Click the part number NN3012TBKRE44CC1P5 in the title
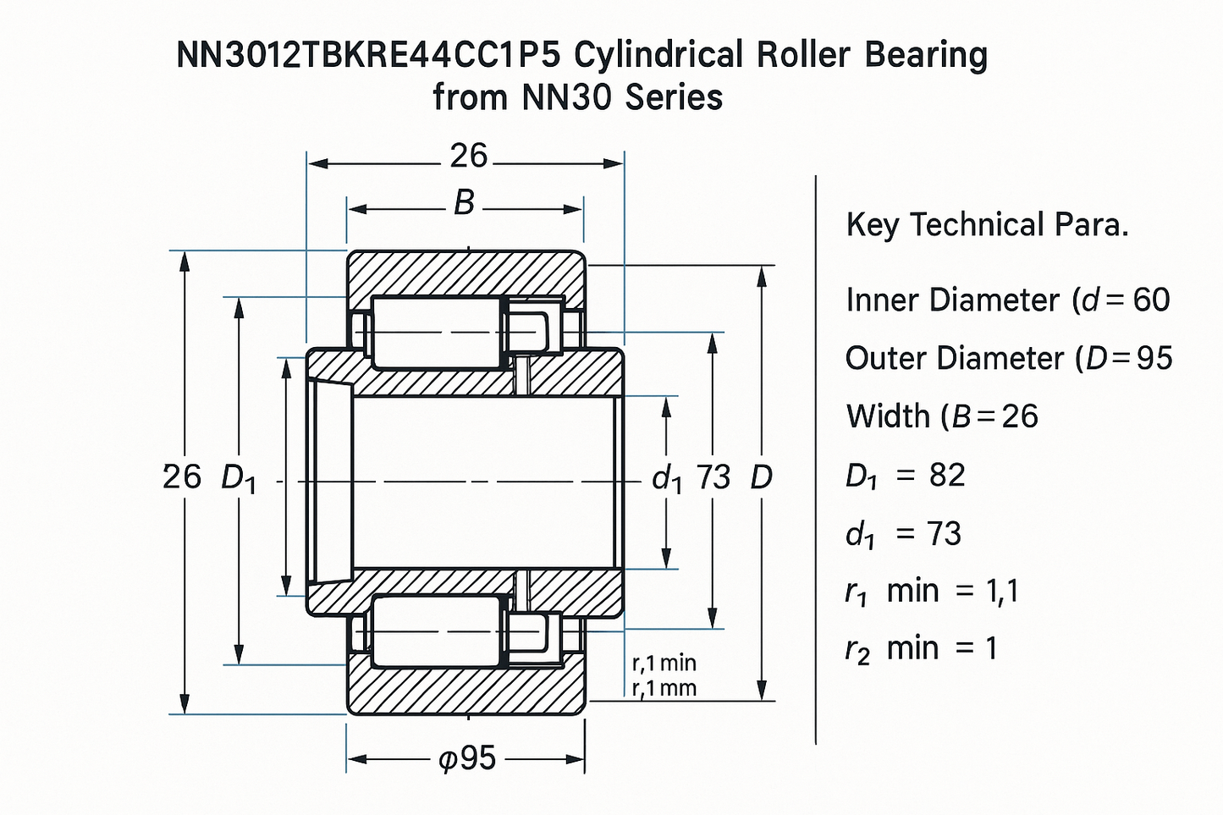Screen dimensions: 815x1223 click(370, 56)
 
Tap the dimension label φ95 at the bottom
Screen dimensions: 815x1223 click(468, 758)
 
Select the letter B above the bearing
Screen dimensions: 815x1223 click(464, 203)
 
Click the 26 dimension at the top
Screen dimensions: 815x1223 click(468, 156)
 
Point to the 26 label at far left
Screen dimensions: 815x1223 click(181, 477)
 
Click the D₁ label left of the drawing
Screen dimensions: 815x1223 click(238, 479)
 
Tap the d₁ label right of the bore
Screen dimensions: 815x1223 click(667, 480)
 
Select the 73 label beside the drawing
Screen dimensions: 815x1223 click(713, 478)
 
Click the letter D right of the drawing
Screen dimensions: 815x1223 click(761, 478)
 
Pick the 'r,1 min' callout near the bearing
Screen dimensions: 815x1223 click(664, 663)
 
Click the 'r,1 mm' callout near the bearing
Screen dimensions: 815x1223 click(664, 688)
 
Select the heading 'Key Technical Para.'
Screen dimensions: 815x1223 click(987, 225)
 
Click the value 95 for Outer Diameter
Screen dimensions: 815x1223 click(1154, 358)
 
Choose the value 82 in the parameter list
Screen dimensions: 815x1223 click(947, 476)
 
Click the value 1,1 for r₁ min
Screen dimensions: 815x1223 click(1001, 591)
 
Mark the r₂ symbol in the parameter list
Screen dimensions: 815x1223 click(857, 650)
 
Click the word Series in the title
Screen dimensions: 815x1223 click(674, 97)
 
